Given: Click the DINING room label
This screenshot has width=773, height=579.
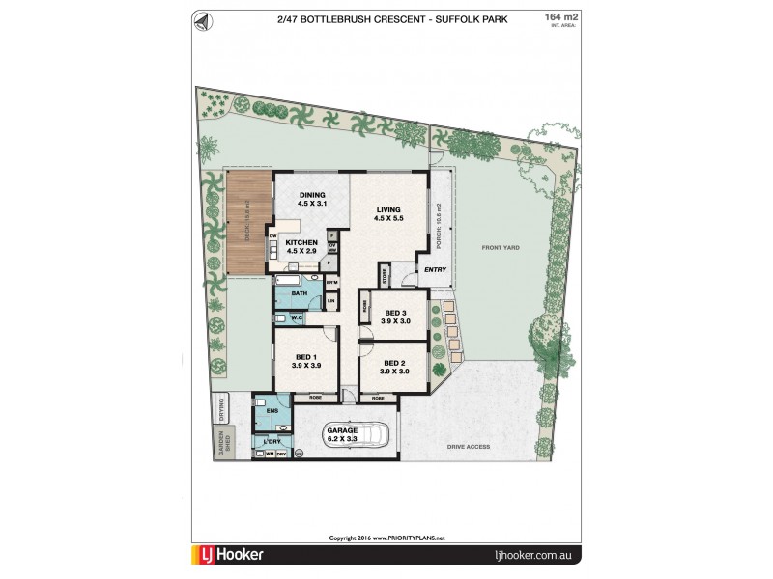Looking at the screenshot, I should click(311, 195).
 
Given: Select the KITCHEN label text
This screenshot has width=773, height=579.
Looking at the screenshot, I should click(301, 240).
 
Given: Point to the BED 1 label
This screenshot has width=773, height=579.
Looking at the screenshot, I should click(307, 357).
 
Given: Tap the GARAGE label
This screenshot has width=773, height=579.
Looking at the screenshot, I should click(343, 429).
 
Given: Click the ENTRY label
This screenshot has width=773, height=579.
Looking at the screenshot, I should click(435, 270).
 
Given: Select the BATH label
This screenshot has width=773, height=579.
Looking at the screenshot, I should click(300, 292).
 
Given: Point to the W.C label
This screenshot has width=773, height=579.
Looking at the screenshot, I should click(298, 317).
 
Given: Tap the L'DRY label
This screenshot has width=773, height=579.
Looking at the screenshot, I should click(271, 442).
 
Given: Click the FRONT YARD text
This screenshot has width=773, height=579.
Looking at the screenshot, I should click(501, 248).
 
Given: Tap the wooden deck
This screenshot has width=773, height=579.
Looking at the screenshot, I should click(247, 222).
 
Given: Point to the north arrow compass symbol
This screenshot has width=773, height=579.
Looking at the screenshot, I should click(200, 20).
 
